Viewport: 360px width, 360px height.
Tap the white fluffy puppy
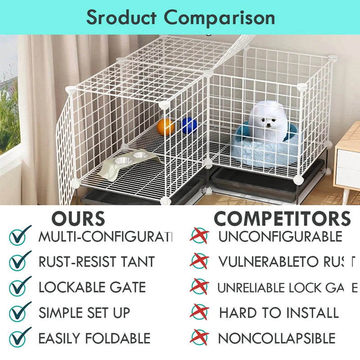point(269,121)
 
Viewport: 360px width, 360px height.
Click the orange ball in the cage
point(166,126)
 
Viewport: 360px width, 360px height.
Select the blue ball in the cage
point(189,126)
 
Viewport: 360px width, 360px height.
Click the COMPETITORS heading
point(282,219)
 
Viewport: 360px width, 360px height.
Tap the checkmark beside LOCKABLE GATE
point(20,287)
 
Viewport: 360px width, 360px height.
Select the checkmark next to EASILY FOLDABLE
point(20,337)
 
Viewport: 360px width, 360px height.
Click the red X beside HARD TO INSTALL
point(199,312)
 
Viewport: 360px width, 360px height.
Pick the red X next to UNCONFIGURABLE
point(199,235)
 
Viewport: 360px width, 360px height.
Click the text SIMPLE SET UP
point(84,312)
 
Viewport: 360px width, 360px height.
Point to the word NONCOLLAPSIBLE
point(277,338)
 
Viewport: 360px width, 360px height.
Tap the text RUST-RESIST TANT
point(96,261)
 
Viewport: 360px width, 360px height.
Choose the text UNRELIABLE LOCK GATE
point(287,287)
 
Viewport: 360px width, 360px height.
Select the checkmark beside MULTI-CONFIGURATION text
point(20,235)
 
